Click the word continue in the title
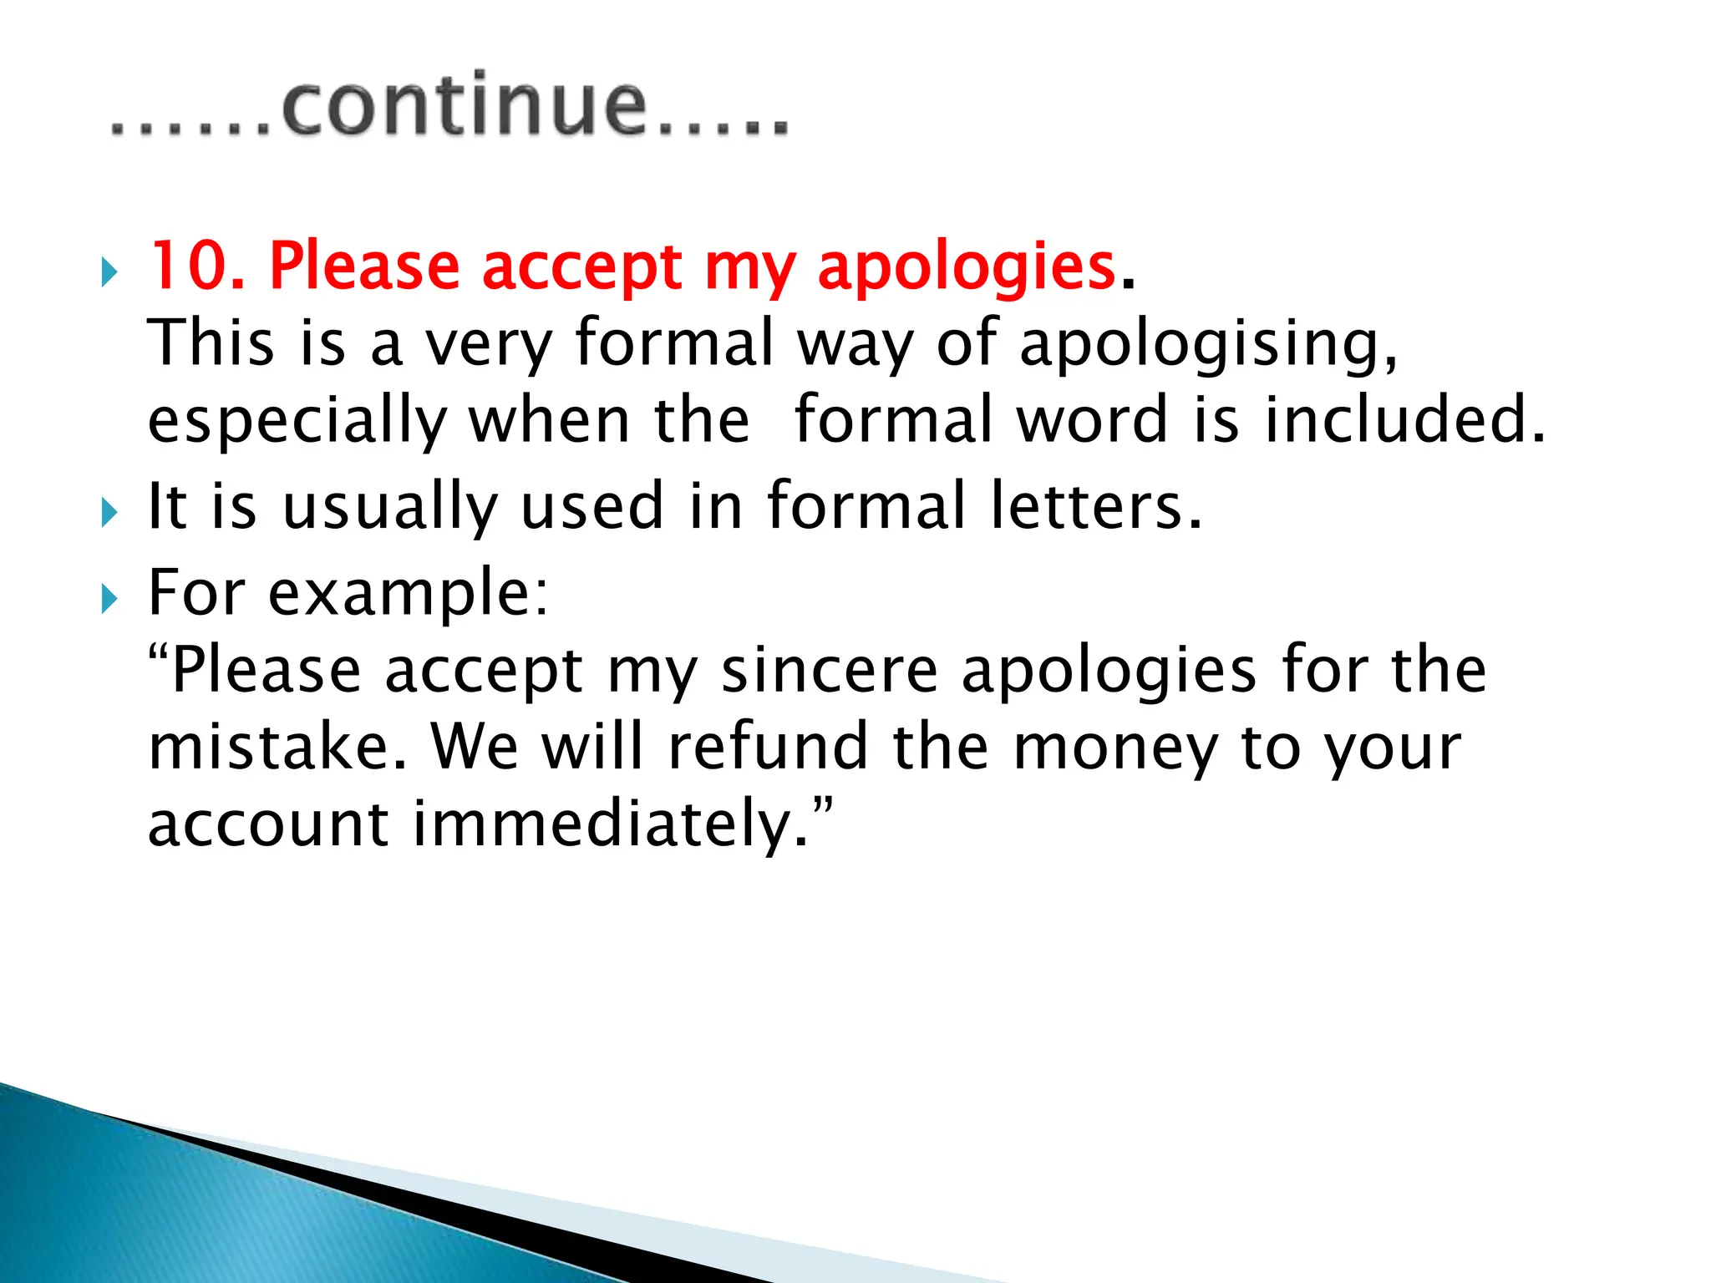click(465, 106)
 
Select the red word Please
click(364, 266)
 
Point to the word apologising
click(1208, 345)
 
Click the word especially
click(297, 423)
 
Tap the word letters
click(1096, 506)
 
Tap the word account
click(268, 824)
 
